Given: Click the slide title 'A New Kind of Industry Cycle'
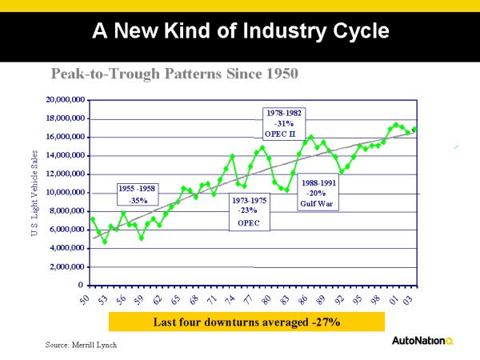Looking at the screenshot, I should tap(241, 31).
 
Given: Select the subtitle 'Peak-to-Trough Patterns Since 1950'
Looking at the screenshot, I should tap(174, 74).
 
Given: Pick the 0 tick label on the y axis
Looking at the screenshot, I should tap(81, 285).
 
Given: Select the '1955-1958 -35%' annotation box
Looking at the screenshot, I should tap(138, 195).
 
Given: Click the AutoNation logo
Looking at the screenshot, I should tap(422, 341).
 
